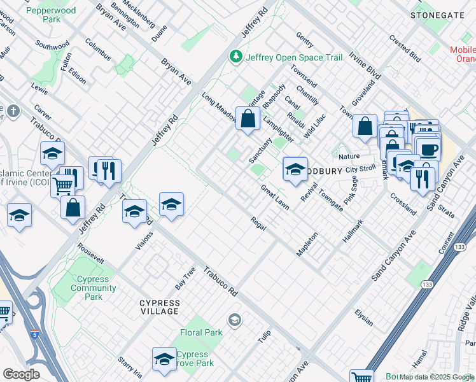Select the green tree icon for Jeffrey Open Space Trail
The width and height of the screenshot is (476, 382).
(237, 57)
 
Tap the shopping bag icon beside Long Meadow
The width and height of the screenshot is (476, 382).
(248, 118)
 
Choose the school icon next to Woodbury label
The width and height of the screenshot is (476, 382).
(295, 169)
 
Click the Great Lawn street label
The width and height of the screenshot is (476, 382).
(274, 195)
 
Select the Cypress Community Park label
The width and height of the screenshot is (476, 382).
(93, 288)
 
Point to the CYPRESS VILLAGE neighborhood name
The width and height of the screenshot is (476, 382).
(159, 306)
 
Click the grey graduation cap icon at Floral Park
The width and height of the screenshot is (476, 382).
(234, 319)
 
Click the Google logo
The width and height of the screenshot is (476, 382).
(21, 374)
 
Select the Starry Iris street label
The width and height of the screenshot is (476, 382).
(129, 368)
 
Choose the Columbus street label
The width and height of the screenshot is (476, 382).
(97, 52)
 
